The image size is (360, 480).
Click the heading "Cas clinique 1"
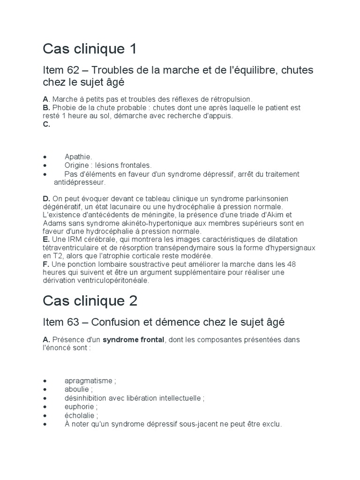coord(90,49)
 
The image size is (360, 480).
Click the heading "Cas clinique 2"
coord(90,300)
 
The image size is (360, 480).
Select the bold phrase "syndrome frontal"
coord(134,339)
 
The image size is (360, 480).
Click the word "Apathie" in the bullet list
coord(78,157)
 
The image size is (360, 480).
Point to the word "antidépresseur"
coord(79,182)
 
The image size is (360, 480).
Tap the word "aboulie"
coord(77,390)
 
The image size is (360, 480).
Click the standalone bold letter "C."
coord(46,125)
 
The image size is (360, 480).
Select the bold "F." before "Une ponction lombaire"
coord(45,264)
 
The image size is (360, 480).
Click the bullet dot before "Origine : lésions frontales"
coord(45,165)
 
